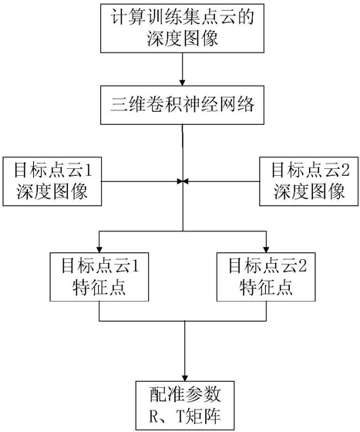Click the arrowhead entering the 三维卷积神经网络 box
[182, 83]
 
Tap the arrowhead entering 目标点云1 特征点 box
[99, 250]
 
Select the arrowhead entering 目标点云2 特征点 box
[266, 250]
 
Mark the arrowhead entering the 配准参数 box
[185, 378]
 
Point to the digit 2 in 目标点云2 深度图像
[345, 170]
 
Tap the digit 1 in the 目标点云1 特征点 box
[135, 266]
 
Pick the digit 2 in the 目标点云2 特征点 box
[302, 266]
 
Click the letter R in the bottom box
[153, 417]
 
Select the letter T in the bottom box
[180, 417]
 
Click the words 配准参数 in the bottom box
[185, 394]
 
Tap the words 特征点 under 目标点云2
[266, 289]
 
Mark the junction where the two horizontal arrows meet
[183, 181]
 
